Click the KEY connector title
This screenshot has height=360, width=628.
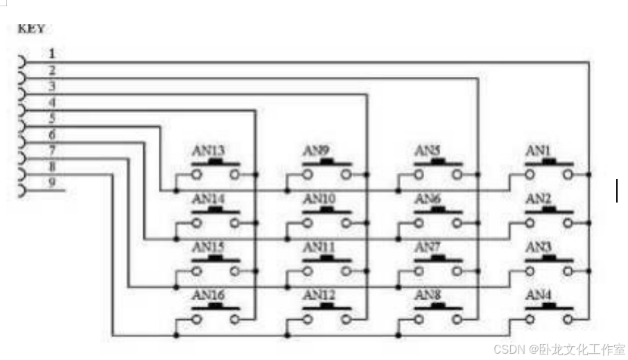pyautogui.click(x=30, y=28)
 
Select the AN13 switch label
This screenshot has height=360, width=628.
pyautogui.click(x=208, y=151)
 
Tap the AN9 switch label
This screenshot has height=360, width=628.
pyautogui.click(x=316, y=151)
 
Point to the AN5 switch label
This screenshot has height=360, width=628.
pyautogui.click(x=428, y=151)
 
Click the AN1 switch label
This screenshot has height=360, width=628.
pyautogui.click(x=538, y=151)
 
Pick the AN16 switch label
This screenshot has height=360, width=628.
pyautogui.click(x=208, y=295)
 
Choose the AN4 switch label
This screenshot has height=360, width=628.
pyautogui.click(x=539, y=295)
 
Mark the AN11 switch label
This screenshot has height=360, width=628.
pyautogui.click(x=319, y=247)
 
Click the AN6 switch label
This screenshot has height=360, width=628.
pyautogui.click(x=428, y=199)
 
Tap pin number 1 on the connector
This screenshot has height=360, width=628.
pyautogui.click(x=53, y=53)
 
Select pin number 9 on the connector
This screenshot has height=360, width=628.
pyautogui.click(x=53, y=183)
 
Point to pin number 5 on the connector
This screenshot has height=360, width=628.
pyautogui.click(x=53, y=118)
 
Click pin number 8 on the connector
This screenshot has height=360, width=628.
pyautogui.click(x=53, y=166)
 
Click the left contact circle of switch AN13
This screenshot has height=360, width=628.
pyautogui.click(x=198, y=174)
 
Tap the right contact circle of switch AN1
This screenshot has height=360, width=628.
pyautogui.click(x=568, y=174)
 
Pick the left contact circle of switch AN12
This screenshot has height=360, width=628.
pyautogui.click(x=308, y=319)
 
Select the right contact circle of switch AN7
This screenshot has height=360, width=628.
pyautogui.click(x=457, y=271)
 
